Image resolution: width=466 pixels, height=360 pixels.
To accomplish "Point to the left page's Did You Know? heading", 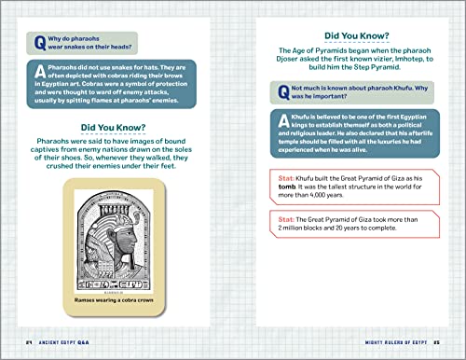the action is click(x=118, y=127).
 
